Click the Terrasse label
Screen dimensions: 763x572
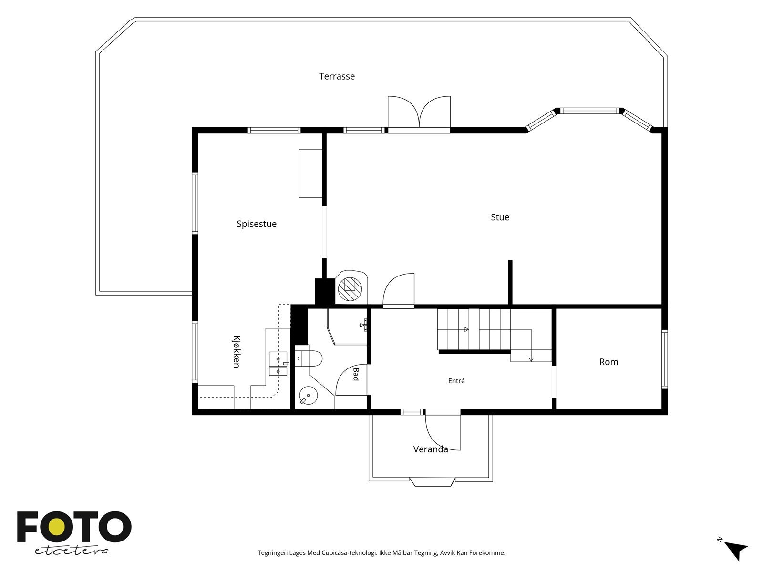pos(337,76)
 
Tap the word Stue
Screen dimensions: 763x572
pos(500,217)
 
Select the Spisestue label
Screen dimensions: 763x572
pos(257,224)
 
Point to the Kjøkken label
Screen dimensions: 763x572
pos(237,351)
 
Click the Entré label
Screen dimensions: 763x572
pos(456,381)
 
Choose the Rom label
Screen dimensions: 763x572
pos(608,362)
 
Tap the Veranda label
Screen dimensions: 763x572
pos(431,449)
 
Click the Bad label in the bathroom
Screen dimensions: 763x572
pos(356,374)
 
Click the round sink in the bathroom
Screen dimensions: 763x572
pos(308,396)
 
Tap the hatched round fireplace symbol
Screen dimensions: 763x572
pos(350,288)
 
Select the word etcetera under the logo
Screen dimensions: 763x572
pos(71,551)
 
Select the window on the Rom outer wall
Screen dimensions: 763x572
pos(665,359)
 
